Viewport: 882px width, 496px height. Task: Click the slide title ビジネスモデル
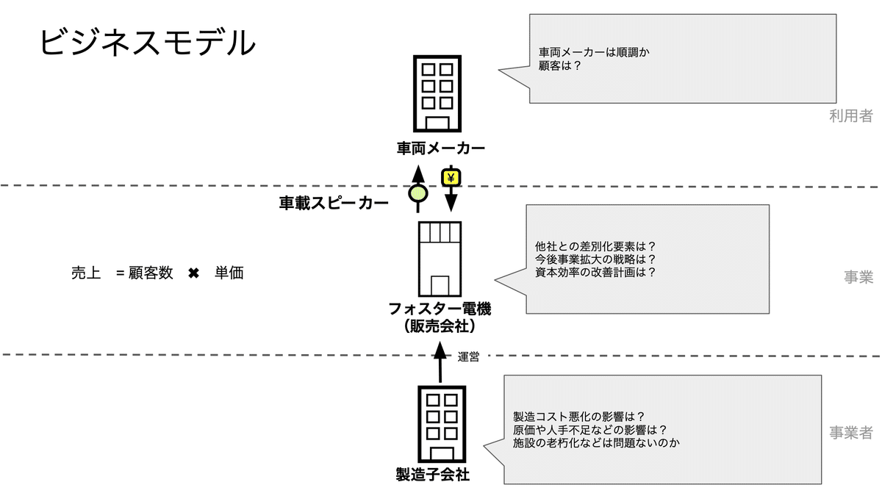tap(147, 42)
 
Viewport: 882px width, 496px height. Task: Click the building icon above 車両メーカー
tap(437, 95)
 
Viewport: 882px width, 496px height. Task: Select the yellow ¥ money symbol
tap(451, 177)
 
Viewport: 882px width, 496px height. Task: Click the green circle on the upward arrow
tap(418, 193)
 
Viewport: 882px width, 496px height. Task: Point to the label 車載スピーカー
tap(334, 204)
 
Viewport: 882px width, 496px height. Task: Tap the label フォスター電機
tap(440, 309)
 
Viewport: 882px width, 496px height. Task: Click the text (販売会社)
tap(440, 326)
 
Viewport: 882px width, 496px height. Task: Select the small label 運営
tap(468, 357)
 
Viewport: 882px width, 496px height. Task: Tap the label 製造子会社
tap(432, 475)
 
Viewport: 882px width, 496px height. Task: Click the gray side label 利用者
tap(850, 115)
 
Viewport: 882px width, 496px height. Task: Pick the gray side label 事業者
tap(850, 433)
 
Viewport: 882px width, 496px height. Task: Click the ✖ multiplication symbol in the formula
tap(193, 273)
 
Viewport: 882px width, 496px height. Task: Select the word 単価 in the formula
tap(229, 273)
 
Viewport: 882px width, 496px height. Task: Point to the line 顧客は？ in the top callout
tap(560, 65)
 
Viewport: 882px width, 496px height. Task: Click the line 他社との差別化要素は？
tap(595, 246)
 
